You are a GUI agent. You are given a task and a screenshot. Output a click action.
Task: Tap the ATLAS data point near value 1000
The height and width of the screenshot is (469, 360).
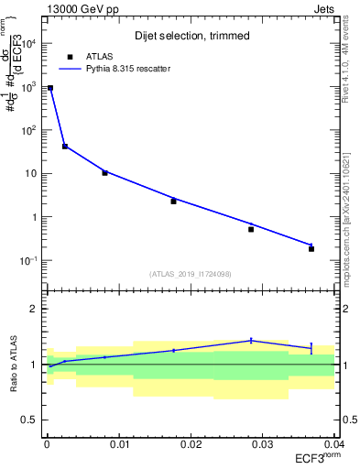(x=50, y=88)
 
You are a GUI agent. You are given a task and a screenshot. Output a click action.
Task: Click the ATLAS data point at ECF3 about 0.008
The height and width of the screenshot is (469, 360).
(x=104, y=172)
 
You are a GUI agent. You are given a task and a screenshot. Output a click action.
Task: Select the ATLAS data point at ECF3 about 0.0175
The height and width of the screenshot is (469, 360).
(x=173, y=201)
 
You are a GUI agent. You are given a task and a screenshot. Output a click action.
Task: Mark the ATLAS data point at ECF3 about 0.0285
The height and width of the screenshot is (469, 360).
(x=251, y=229)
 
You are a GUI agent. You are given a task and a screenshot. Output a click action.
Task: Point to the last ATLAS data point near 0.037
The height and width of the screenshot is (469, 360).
(x=311, y=248)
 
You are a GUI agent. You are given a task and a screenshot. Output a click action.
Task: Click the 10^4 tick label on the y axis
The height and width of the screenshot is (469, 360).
(x=28, y=44)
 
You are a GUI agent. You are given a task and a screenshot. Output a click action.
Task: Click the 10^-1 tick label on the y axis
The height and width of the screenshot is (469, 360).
(x=28, y=261)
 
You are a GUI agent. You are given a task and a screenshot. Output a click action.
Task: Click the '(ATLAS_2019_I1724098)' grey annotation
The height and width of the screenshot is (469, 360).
(x=190, y=273)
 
